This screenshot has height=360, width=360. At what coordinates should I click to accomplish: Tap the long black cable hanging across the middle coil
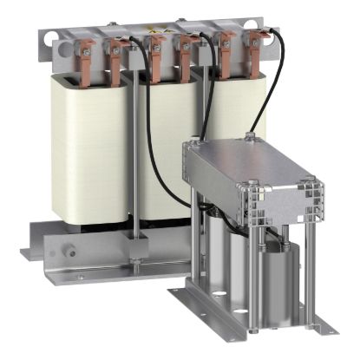tap(148, 130)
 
